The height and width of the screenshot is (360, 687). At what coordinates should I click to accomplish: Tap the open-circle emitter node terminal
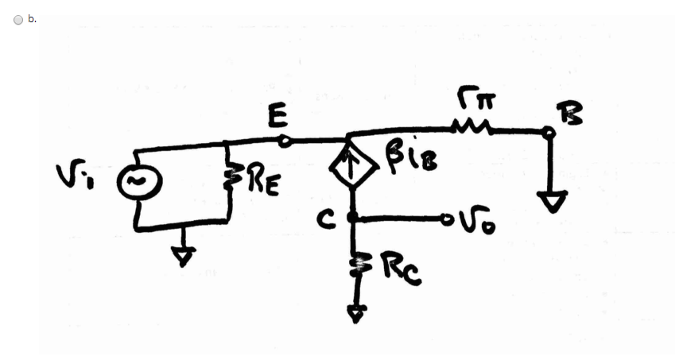tap(286, 141)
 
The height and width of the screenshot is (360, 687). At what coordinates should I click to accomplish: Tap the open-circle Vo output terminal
tap(448, 217)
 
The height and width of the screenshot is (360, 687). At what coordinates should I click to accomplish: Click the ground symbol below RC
tap(356, 313)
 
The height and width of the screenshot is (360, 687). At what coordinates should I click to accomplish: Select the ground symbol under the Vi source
tap(184, 255)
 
